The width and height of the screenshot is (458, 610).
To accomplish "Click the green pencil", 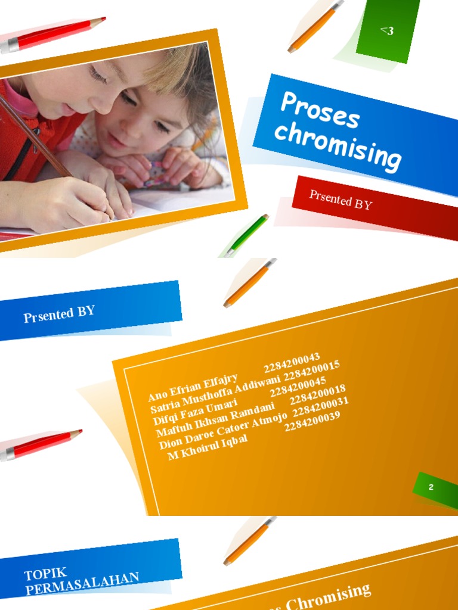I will pyautogui.click(x=247, y=235).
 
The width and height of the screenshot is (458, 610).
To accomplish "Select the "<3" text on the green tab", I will pyautogui.click(x=387, y=30).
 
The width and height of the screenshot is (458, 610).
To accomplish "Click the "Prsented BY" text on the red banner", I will pyautogui.click(x=341, y=200).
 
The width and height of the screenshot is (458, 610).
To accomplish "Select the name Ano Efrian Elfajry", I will pyautogui.click(x=193, y=387).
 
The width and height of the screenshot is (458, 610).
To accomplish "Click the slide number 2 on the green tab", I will pyautogui.click(x=431, y=487).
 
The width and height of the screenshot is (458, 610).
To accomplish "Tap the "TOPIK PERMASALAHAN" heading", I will pyautogui.click(x=82, y=581).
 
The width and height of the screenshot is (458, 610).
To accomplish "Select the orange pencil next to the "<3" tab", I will pyautogui.click(x=315, y=26).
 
